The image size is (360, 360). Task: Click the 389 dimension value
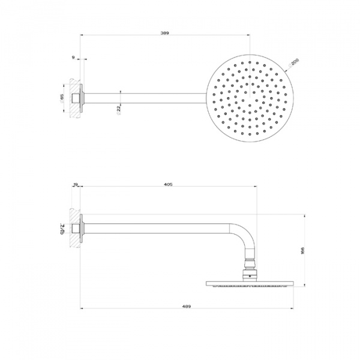click(x=164, y=34)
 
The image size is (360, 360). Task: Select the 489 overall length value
click(x=186, y=307)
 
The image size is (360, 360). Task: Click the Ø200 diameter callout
click(x=294, y=61)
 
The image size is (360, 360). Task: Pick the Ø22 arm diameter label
click(x=119, y=109)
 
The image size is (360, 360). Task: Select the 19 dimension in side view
click(x=76, y=185)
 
